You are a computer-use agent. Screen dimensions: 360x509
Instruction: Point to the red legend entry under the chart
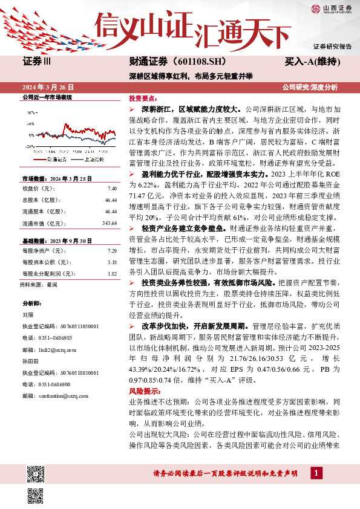(52, 158)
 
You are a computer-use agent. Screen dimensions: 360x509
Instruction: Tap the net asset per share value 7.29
(112, 250)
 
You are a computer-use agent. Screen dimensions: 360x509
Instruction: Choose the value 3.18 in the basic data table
(112, 262)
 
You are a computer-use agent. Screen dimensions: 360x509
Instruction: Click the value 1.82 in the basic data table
(112, 274)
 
